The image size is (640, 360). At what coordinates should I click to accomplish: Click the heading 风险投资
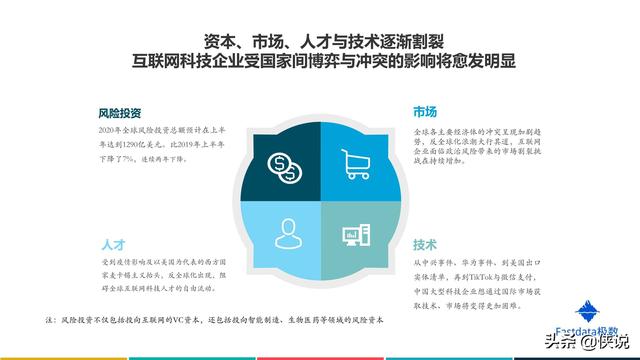coord(119,113)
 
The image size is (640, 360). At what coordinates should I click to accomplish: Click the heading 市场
coord(424,112)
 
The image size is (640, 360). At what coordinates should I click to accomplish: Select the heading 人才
coord(112,245)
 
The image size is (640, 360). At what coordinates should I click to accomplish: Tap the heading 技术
coord(424,244)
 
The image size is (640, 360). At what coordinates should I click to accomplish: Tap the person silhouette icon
coord(284,232)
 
